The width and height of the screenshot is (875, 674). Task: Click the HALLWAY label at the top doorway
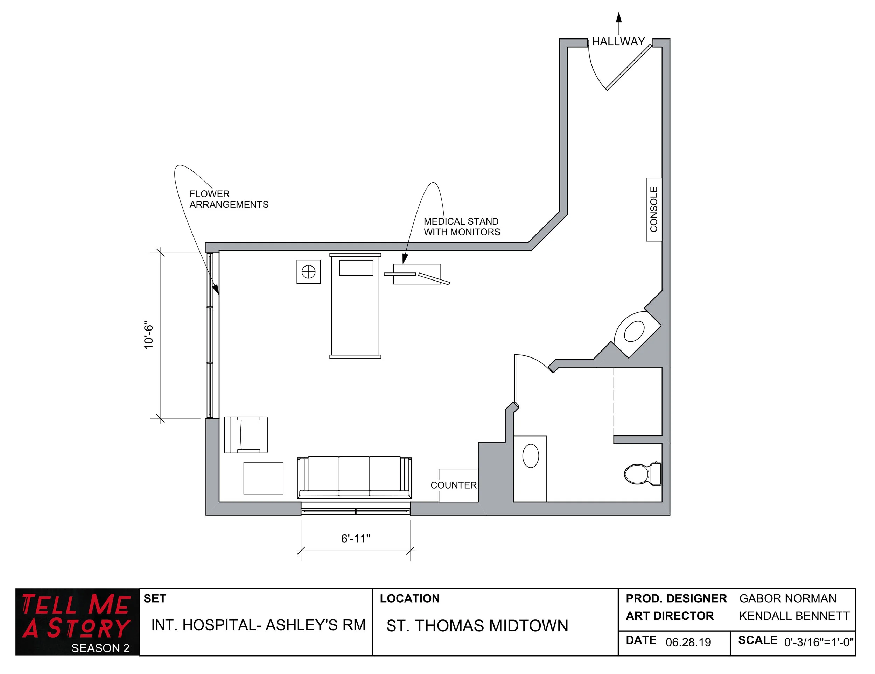(618, 42)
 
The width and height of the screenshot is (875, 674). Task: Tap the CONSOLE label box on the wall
(653, 210)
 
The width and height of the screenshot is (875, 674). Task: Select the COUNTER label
(454, 485)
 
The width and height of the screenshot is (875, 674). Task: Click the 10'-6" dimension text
(149, 335)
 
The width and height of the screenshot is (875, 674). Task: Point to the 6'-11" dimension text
(355, 539)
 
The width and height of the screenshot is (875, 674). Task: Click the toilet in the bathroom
(642, 474)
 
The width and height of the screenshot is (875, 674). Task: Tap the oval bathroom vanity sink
(531, 456)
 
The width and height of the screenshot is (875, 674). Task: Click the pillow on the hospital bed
(356, 268)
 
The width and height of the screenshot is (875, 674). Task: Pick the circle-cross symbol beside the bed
(308, 272)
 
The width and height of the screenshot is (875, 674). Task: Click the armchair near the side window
(246, 434)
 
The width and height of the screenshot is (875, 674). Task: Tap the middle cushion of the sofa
(354, 475)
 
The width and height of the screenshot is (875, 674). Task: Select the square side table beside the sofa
(263, 478)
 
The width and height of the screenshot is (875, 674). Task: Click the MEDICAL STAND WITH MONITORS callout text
(462, 227)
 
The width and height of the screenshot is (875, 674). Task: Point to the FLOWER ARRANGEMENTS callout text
(228, 199)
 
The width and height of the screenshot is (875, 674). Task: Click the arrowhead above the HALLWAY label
(618, 17)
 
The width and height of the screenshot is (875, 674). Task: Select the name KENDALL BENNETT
(794, 616)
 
